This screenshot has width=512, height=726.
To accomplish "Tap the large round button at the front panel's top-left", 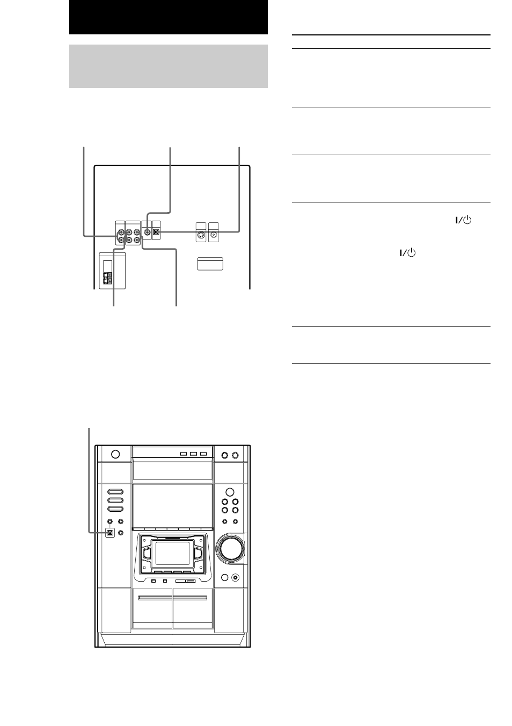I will click(115, 454).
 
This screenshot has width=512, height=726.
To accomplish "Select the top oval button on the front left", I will click(115, 491).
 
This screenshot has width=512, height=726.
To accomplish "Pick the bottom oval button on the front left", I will click(115, 509).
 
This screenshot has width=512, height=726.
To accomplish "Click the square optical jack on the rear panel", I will click(156, 233).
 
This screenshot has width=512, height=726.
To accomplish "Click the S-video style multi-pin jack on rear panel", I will click(201, 235).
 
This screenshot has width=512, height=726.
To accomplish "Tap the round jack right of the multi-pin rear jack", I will click(214, 234).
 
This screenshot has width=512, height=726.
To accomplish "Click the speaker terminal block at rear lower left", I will click(108, 278).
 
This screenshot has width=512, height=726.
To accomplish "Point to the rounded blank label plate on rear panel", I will click(210, 264).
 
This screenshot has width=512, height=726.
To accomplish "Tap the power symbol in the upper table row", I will click(464, 220).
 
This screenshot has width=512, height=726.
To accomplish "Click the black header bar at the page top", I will click(168, 17).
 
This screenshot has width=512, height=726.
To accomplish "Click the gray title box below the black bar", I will click(168, 66).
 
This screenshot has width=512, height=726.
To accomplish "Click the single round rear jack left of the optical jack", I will click(147, 233).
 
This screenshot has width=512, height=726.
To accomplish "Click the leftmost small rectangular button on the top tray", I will click(184, 454).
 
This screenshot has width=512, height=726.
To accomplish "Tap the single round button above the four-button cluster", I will click(230, 492).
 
